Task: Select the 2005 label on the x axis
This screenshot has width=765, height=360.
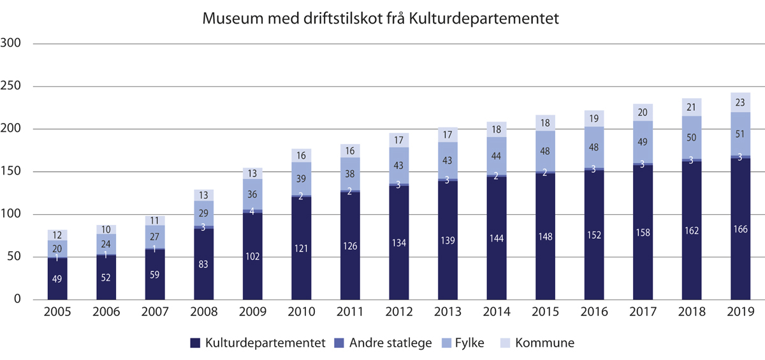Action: [x=57, y=312]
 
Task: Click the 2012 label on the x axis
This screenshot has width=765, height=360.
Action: [x=399, y=312]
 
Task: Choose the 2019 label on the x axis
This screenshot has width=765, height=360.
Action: [x=740, y=312]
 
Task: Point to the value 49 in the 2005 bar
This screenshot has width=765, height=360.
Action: [x=57, y=278]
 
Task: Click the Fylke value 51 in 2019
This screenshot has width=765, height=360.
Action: [x=740, y=134]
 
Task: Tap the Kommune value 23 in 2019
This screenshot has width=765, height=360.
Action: [x=740, y=102]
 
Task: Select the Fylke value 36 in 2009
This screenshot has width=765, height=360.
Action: [x=252, y=194]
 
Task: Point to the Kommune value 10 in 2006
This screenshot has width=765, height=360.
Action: [x=106, y=229]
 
